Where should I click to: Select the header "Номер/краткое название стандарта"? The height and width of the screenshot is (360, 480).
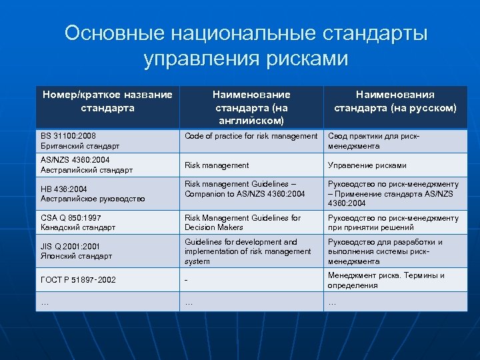click(x=107, y=101)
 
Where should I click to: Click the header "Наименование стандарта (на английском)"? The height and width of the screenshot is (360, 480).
click(x=251, y=107)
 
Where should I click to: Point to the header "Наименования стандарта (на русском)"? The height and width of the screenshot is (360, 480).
click(x=395, y=101)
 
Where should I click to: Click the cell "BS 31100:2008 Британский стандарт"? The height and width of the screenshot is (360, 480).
click(x=107, y=141)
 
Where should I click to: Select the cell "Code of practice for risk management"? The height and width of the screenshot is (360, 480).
click(x=251, y=136)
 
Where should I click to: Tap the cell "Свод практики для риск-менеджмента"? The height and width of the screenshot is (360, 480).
click(x=395, y=141)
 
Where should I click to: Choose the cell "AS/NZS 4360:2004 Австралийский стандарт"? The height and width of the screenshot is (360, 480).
click(x=107, y=165)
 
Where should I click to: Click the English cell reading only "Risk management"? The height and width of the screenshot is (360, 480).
click(x=217, y=165)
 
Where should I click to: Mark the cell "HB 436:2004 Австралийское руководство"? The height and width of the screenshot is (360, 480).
click(x=107, y=194)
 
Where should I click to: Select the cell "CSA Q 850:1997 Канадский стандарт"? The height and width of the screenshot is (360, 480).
click(x=107, y=223)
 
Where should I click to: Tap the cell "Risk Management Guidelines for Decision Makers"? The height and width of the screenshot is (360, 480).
click(x=251, y=223)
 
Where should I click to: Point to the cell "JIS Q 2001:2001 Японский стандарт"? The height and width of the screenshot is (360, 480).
click(x=107, y=251)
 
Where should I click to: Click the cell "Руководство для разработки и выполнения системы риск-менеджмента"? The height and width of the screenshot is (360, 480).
click(x=395, y=251)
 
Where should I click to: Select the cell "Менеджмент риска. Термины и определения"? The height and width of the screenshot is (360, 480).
click(x=395, y=280)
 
